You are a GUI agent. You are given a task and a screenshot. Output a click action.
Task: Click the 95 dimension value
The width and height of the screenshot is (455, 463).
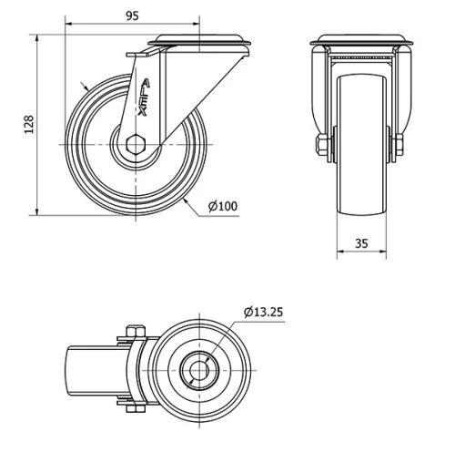click(x=132, y=15)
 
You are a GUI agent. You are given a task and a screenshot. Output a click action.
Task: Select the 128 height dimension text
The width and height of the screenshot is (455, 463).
click(x=28, y=125)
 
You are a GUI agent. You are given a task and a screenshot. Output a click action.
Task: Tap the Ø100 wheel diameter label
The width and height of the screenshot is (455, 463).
click(x=223, y=206)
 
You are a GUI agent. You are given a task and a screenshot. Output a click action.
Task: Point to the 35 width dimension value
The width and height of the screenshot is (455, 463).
click(x=361, y=242)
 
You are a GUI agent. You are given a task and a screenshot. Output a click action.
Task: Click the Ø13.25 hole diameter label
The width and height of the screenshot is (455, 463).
click(x=263, y=312)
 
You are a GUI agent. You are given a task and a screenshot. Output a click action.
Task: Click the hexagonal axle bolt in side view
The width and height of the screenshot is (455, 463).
click(x=136, y=143)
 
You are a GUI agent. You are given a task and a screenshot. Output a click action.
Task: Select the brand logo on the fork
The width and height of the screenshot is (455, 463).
click(x=146, y=98)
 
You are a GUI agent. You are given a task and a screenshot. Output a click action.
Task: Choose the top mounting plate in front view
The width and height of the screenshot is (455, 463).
click(x=361, y=42)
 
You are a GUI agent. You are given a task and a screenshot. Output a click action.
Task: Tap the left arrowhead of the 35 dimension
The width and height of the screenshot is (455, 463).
click(x=339, y=252)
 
